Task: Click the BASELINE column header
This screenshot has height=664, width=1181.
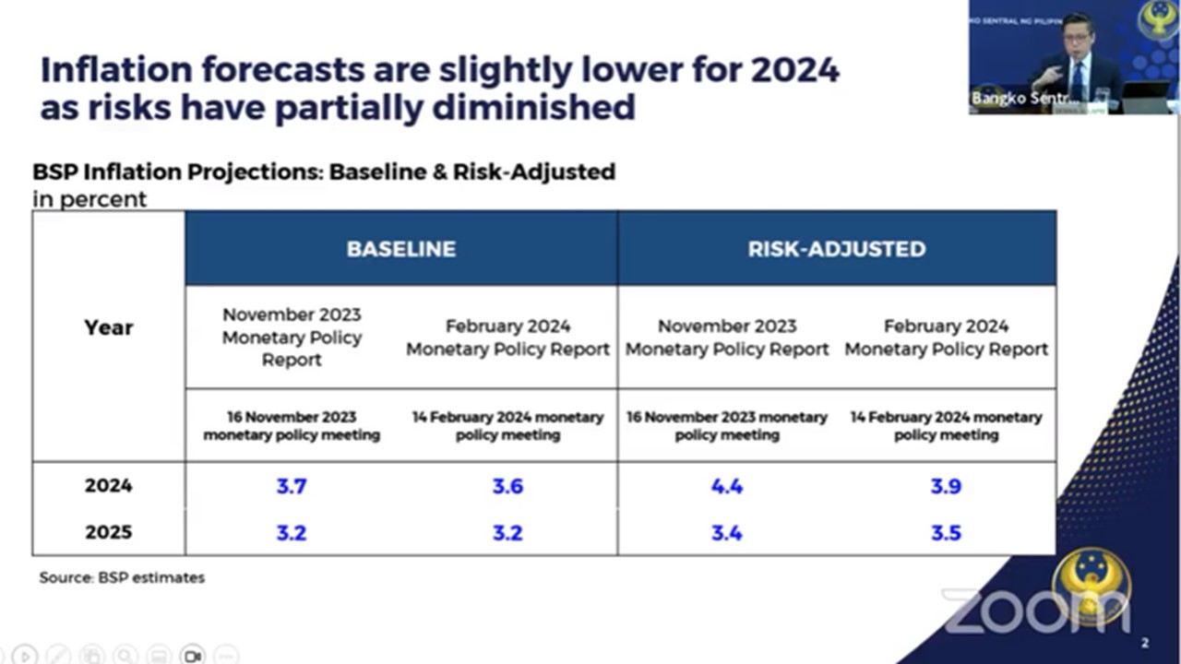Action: (x=400, y=249)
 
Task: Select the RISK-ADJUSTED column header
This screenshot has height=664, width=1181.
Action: (x=836, y=249)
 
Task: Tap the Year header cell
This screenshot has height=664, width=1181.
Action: (x=109, y=327)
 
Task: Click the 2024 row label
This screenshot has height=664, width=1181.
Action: (x=109, y=486)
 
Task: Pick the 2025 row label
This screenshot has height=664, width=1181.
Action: (x=109, y=533)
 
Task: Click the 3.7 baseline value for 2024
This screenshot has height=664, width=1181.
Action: (x=292, y=486)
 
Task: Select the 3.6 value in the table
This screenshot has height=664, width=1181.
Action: (x=507, y=486)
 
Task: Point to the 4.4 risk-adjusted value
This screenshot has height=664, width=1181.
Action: (x=727, y=486)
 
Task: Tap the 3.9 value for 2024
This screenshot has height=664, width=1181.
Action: (x=946, y=486)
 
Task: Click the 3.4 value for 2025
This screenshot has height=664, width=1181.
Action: (x=727, y=533)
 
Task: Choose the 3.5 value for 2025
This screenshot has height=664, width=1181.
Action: (x=946, y=533)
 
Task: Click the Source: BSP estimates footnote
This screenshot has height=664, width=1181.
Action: (x=122, y=578)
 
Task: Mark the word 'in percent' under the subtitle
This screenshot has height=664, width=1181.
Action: (x=89, y=199)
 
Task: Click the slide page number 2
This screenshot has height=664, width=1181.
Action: (x=1145, y=643)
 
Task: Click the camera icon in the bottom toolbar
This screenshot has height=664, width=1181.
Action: (x=193, y=656)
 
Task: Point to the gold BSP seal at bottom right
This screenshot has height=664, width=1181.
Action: (x=1092, y=587)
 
